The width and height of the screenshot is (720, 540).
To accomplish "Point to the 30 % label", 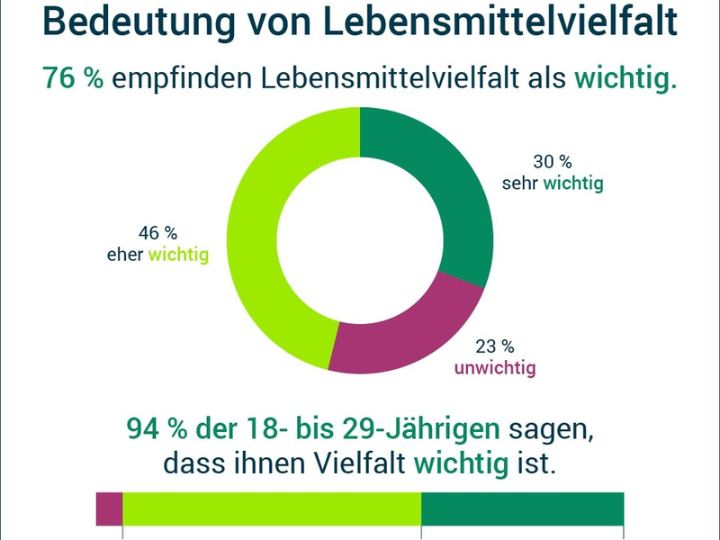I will pos(553,162).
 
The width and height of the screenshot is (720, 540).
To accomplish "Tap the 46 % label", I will pos(158,234).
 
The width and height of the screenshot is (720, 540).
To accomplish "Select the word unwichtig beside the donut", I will pos(494,368).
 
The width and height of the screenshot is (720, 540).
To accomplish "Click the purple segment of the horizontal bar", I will pos(109,508).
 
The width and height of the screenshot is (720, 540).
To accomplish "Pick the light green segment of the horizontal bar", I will pos(271,508).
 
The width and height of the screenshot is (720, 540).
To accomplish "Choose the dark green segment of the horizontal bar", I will pos(522,508).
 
